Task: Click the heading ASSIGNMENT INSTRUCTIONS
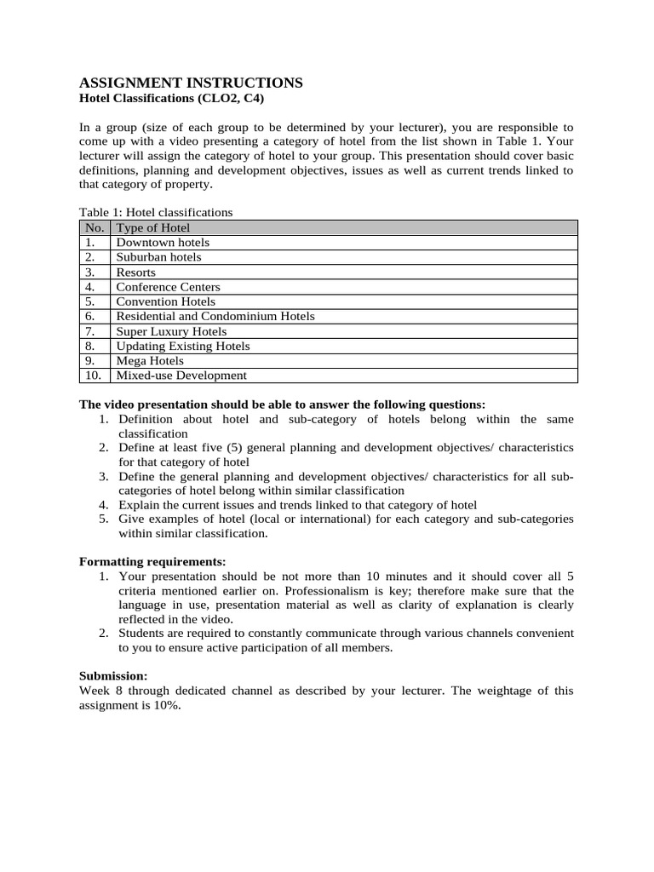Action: point(191,83)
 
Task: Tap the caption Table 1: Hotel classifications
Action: point(156,212)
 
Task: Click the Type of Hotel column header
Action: point(153,227)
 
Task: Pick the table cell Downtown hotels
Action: point(163,243)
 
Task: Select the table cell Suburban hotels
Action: point(159,257)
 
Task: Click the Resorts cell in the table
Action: point(136,272)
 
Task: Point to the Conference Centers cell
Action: point(168,287)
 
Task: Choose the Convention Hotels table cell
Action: point(166,301)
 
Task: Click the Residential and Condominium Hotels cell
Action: point(215,316)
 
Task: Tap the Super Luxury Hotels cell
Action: point(171,331)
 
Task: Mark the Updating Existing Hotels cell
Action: point(183,346)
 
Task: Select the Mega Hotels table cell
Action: point(150,361)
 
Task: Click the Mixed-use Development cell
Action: point(181,376)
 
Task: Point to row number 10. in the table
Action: point(93,376)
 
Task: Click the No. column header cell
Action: point(94,227)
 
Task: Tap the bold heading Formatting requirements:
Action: point(152,561)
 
